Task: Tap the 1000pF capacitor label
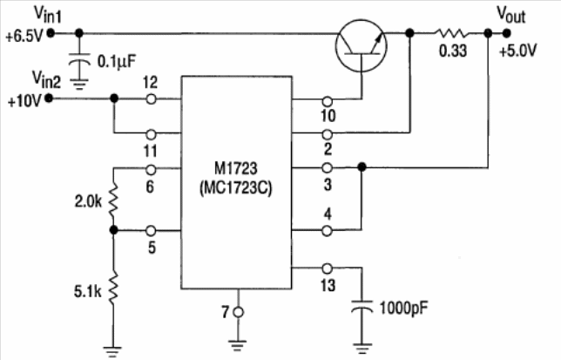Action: [404, 309]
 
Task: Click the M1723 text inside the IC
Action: [235, 167]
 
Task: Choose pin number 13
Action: [328, 285]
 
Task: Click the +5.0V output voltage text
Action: [517, 51]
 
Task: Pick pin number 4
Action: [328, 213]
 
